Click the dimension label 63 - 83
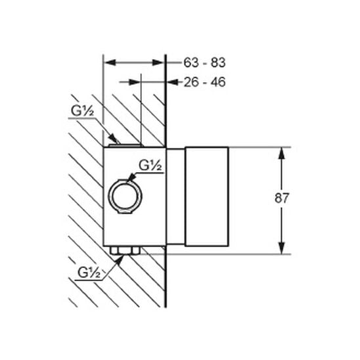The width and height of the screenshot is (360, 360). pos(204,62)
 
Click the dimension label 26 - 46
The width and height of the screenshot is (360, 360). pos(204,82)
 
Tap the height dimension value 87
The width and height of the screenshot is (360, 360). pos(281,198)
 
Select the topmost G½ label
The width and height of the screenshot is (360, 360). pos(82,111)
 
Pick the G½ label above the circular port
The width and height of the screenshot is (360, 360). pos(150,166)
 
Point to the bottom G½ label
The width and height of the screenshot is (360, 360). pos(89,273)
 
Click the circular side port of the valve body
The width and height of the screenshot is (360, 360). pos(125,196)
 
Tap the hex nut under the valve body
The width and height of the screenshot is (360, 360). pos(125,250)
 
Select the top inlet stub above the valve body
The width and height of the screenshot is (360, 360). pos(125,146)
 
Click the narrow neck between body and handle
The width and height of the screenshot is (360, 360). pos(175,196)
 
